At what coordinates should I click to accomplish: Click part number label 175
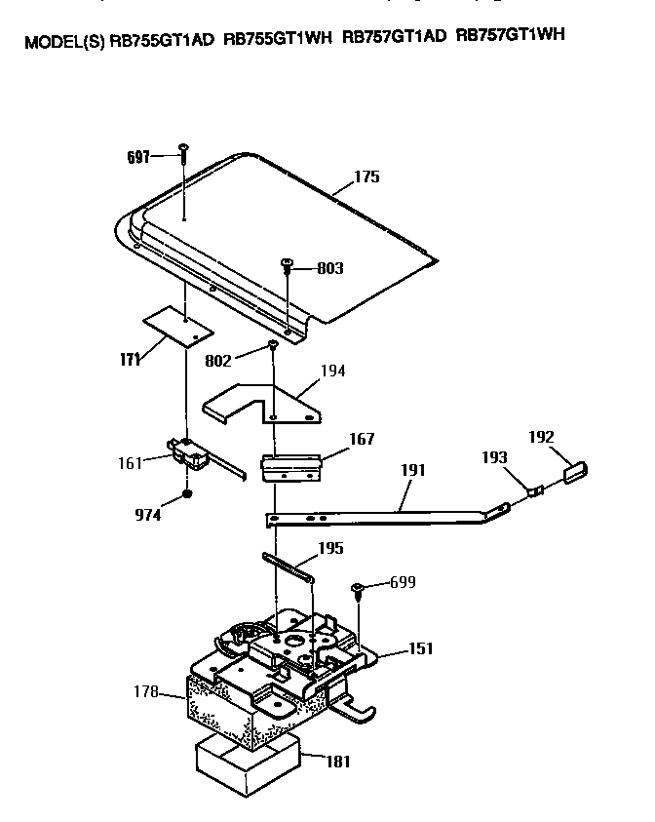pyautogui.click(x=366, y=177)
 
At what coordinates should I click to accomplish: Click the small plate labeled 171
pyautogui.click(x=178, y=327)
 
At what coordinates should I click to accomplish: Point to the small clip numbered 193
pyautogui.click(x=535, y=490)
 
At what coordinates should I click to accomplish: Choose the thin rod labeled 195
pyautogui.click(x=289, y=565)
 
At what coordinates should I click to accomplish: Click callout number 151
pyautogui.click(x=422, y=648)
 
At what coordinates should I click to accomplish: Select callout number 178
pyautogui.click(x=146, y=692)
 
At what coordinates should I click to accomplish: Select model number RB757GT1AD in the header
pyautogui.click(x=395, y=38)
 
